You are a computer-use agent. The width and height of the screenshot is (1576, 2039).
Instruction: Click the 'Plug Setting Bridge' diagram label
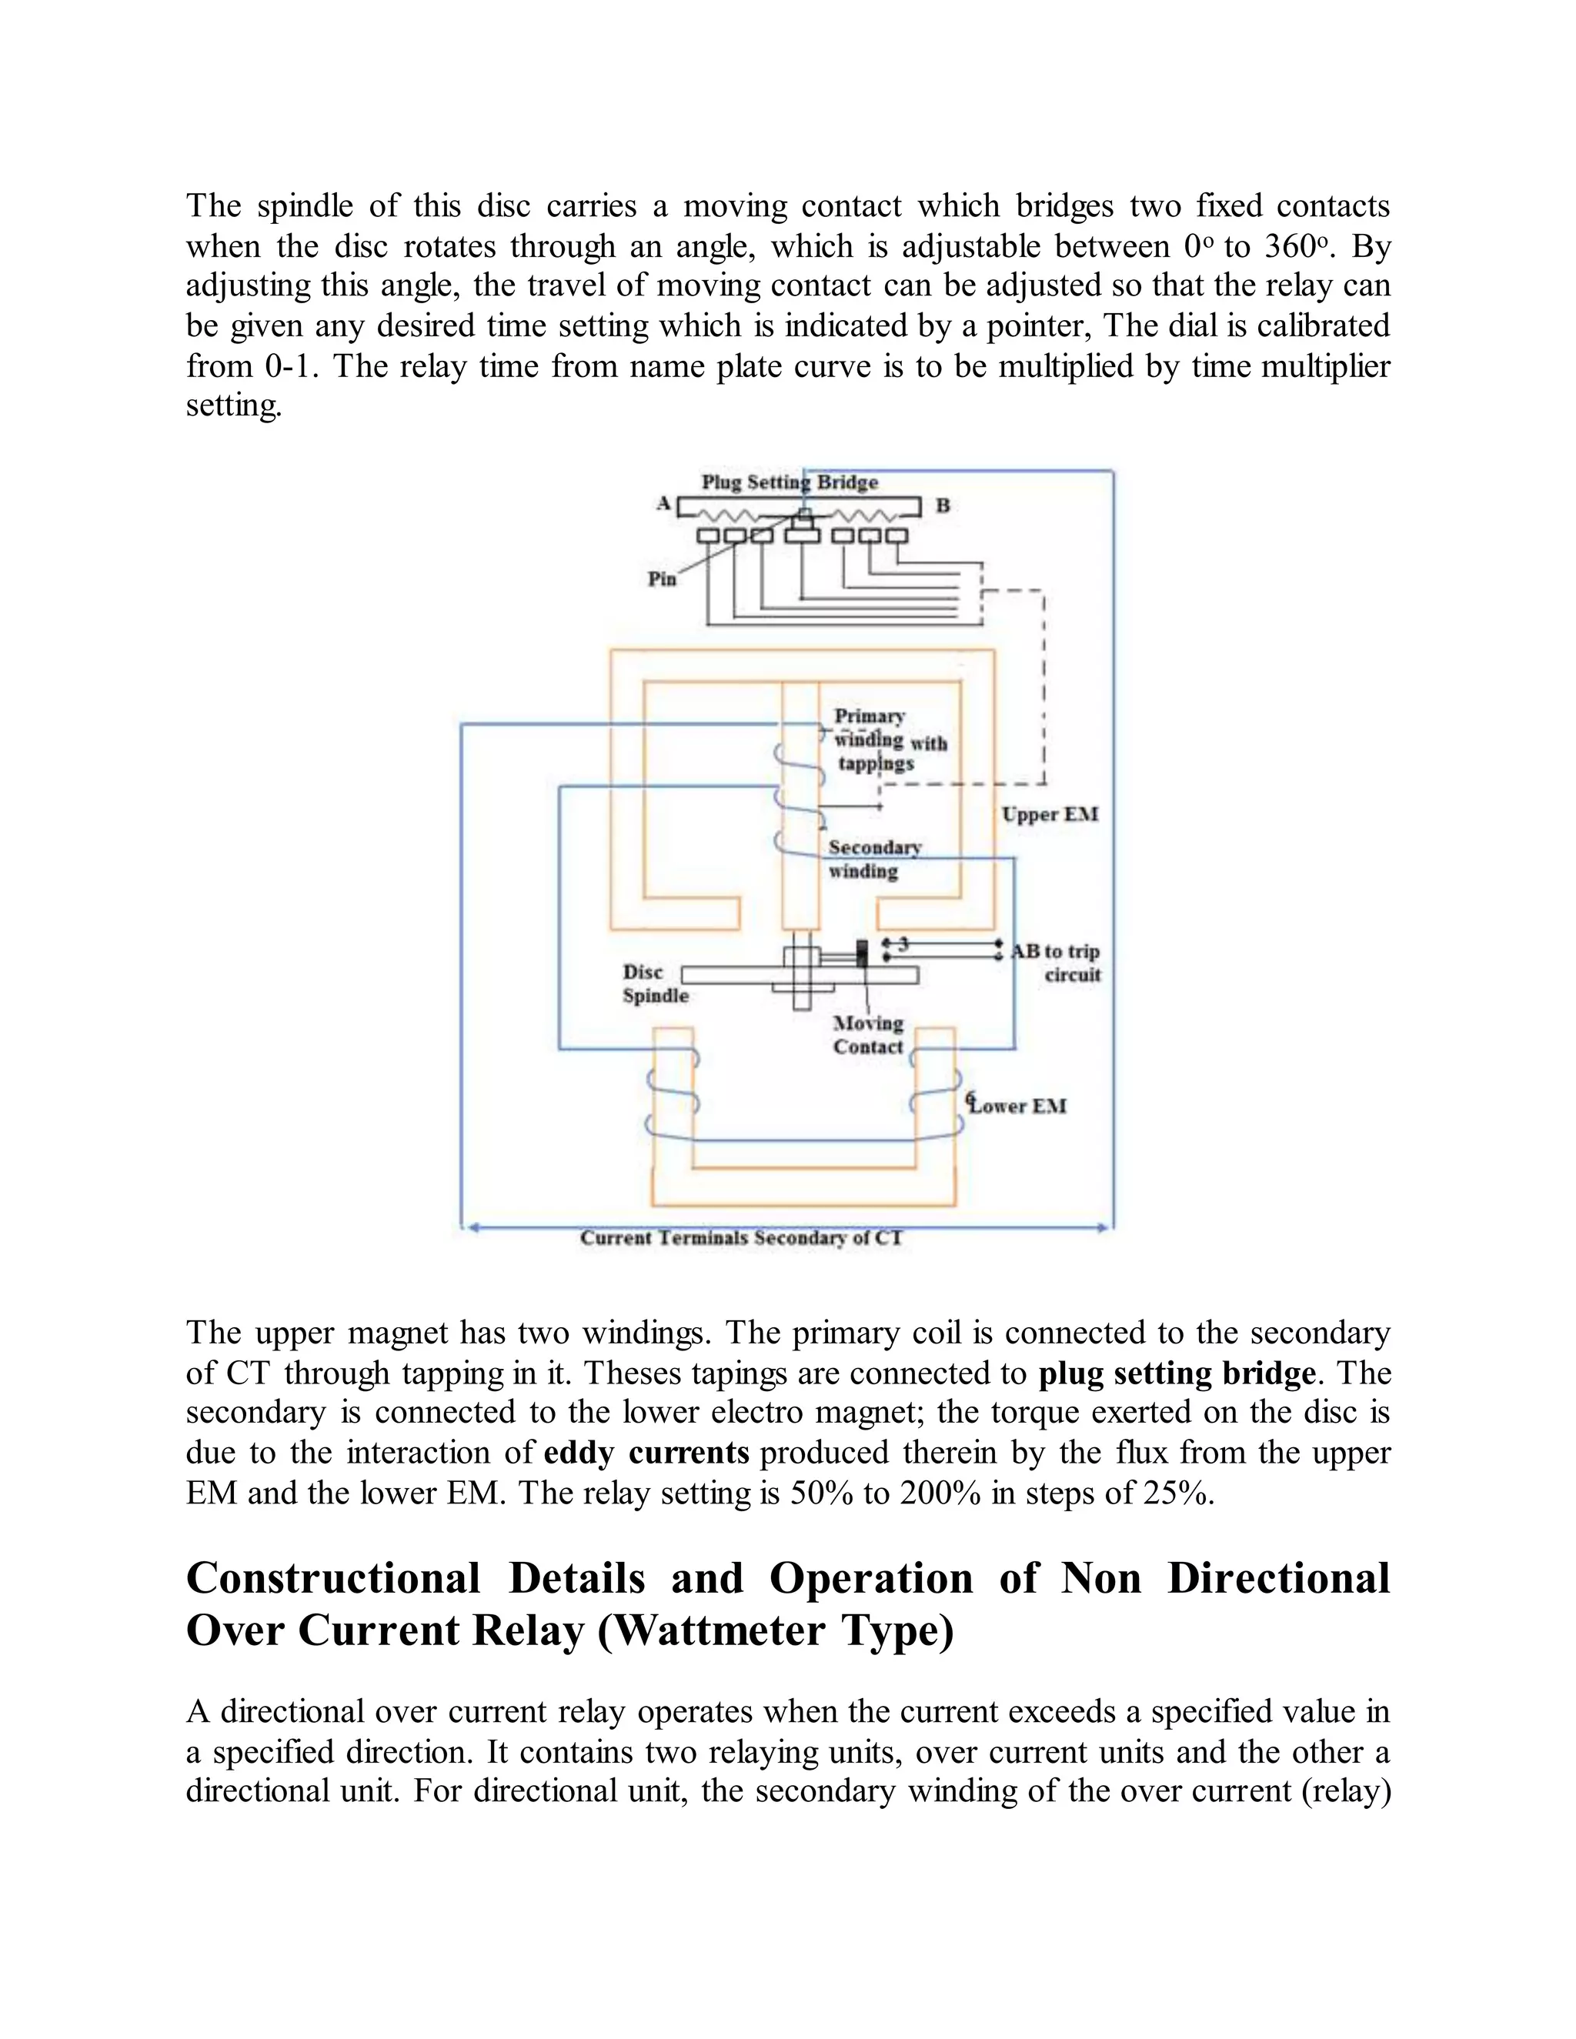click(790, 482)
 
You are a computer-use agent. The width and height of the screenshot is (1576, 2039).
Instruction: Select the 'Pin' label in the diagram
click(661, 579)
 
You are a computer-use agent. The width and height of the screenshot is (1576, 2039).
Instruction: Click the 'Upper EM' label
click(1050, 814)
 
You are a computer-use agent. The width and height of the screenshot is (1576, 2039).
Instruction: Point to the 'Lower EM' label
click(1017, 1106)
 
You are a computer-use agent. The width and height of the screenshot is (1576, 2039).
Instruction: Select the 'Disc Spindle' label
click(656, 984)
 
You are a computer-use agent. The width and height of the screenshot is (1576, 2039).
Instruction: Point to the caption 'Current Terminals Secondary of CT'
click(741, 1238)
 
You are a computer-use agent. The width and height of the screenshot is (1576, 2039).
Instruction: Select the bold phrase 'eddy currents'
click(646, 1453)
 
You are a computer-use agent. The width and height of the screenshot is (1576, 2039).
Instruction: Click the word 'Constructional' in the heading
click(333, 1579)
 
